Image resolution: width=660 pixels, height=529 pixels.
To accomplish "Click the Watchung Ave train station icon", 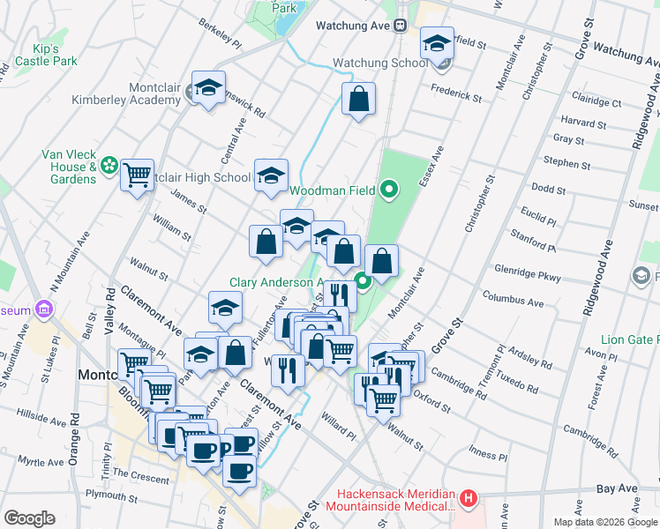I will pyautogui.click(x=399, y=26).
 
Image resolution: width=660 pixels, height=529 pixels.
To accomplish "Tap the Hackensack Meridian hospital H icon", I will pyautogui.click(x=469, y=499).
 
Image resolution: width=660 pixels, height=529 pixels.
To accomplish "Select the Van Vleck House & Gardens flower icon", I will pyautogui.click(x=109, y=165).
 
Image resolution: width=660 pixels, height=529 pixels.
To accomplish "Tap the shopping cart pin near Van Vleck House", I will pyautogui.click(x=137, y=175).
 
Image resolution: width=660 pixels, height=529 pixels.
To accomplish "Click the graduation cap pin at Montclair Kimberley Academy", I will pyautogui.click(x=208, y=87).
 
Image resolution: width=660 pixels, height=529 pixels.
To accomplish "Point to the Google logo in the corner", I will pyautogui.click(x=29, y=518).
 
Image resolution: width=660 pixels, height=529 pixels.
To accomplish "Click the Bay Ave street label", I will pyautogui.click(x=616, y=488).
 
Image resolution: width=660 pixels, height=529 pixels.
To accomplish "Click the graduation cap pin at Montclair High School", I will pyautogui.click(x=272, y=174).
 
